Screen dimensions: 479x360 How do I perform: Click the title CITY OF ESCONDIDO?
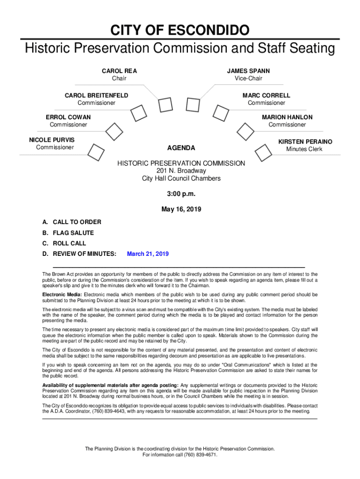coord(180,31)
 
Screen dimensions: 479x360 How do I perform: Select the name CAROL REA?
coord(119,71)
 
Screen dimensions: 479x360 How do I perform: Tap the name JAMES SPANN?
coord(248,71)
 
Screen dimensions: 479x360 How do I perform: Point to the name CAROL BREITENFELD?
coord(96,95)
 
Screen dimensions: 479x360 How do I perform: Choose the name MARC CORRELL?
coord(266,95)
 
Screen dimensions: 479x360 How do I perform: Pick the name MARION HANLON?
coord(287,117)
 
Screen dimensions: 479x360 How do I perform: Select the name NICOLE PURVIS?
coord(51,140)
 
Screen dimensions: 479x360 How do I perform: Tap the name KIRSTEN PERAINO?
coord(305,141)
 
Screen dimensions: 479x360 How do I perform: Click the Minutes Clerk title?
coord(304,149)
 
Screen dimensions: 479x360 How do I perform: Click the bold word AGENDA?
coord(181,148)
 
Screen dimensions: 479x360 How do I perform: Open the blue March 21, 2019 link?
coord(148,254)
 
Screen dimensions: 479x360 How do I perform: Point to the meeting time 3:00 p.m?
coord(181,194)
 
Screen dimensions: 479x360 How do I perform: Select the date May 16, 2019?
coord(181,209)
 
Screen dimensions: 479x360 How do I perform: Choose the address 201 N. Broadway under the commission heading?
coord(181,171)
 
